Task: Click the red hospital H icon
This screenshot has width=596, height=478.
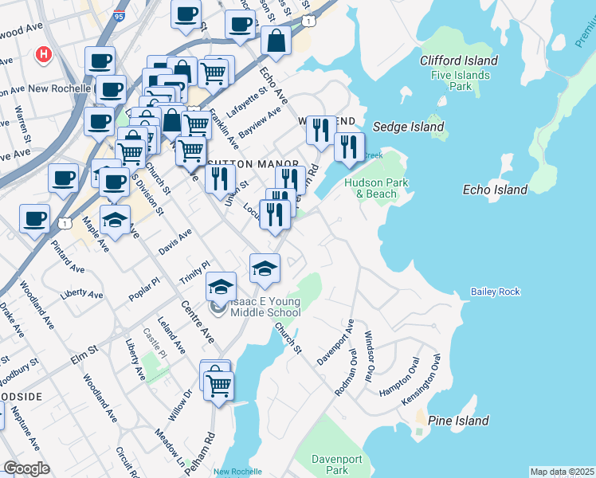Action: (x=44, y=55)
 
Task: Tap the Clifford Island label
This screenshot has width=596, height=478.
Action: (x=458, y=61)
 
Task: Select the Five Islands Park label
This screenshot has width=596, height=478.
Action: (x=458, y=80)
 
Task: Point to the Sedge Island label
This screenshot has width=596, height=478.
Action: (x=408, y=127)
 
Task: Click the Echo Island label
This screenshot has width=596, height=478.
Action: (x=495, y=190)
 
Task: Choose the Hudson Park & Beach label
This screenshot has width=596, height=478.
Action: (x=376, y=188)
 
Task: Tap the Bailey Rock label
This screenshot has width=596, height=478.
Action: (x=495, y=292)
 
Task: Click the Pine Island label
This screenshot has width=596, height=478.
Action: (x=458, y=421)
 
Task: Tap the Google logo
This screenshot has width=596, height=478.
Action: (x=26, y=468)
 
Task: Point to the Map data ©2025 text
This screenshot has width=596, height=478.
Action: (x=562, y=472)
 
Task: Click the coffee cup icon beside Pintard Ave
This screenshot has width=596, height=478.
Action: (x=34, y=218)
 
